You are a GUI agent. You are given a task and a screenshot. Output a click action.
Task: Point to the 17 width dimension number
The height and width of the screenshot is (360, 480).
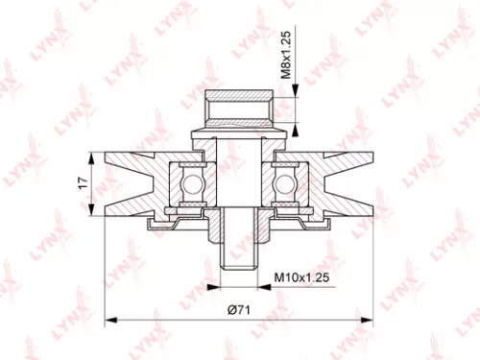tap(83, 180)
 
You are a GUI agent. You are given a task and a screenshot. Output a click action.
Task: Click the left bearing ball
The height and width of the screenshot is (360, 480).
tap(186, 181)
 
